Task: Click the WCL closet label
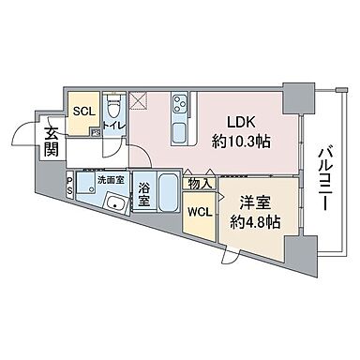(x=199, y=211)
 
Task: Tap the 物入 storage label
(x=199, y=183)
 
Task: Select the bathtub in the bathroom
(x=171, y=193)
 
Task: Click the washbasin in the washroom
(x=117, y=203)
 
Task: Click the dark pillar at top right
(x=298, y=94)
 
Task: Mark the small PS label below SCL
(x=96, y=133)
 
